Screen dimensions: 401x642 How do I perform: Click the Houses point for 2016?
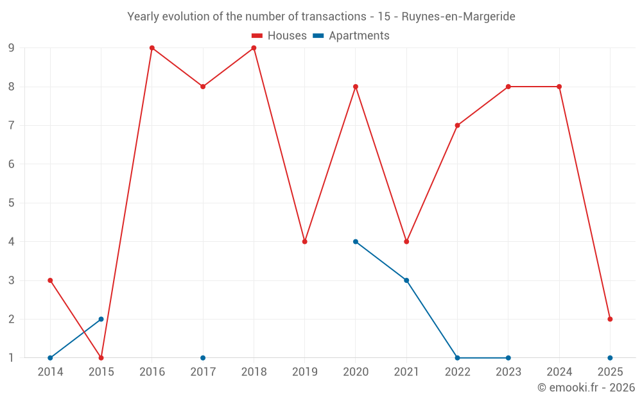(152, 47)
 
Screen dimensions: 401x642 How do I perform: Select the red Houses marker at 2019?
(304, 241)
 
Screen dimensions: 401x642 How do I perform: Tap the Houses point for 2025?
(610, 319)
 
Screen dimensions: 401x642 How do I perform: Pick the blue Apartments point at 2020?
(356, 241)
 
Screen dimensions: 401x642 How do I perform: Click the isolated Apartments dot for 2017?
(203, 357)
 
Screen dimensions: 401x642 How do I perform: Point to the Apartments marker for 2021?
(406, 280)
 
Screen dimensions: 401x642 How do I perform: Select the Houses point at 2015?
(101, 357)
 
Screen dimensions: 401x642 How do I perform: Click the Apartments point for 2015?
(101, 319)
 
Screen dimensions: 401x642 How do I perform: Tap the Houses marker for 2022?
(457, 125)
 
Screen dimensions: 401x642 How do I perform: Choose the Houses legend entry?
(279, 36)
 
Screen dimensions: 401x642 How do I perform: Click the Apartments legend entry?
(351, 36)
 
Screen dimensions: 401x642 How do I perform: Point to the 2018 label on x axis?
(254, 371)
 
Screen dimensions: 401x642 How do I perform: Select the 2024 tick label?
(559, 371)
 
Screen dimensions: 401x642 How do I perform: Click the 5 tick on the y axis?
(12, 203)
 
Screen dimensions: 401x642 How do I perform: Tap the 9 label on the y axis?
(12, 47)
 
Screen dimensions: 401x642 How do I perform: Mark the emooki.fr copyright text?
(586, 388)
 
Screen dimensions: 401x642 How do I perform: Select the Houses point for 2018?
(254, 47)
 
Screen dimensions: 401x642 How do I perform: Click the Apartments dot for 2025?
(610, 357)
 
